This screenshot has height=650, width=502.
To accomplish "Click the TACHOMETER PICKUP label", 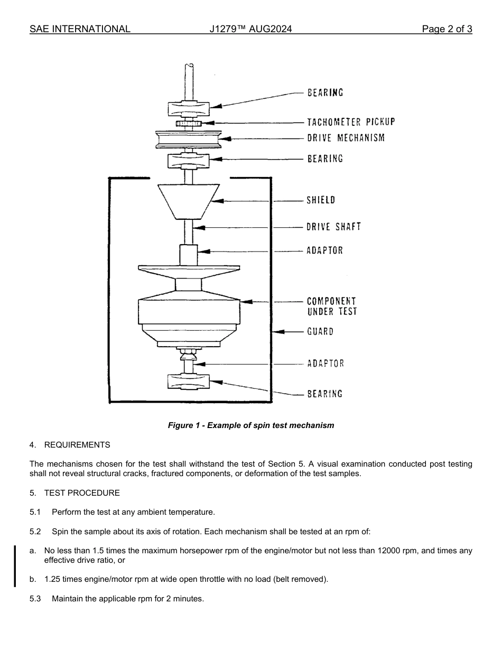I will click(351, 122).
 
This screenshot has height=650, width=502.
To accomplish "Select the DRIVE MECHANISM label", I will click(346, 138).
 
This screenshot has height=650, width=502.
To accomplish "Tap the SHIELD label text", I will click(321, 200).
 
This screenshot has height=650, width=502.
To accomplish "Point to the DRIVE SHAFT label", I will click(333, 227).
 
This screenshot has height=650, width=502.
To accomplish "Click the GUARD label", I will click(320, 332).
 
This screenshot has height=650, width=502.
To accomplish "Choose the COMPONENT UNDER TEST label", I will click(332, 307).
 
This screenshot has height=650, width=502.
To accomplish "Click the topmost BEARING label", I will click(325, 92).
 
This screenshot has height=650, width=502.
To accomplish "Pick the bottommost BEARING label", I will click(324, 394).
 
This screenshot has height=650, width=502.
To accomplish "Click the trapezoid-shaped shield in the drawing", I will click(189, 201).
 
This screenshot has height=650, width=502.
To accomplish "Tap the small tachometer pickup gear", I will click(189, 124).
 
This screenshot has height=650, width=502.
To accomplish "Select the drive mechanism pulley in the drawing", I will click(189, 139).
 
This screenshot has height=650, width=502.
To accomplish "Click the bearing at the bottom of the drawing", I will click(189, 382).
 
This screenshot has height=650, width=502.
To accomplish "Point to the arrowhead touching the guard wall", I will click(278, 332).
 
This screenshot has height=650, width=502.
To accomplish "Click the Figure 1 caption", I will click(251, 425).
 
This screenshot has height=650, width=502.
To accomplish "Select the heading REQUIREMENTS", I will click(77, 445).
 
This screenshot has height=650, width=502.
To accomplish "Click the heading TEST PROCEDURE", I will click(82, 493).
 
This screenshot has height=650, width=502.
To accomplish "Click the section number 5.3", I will click(35, 599).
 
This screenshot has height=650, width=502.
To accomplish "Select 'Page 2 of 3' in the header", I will click(447, 29).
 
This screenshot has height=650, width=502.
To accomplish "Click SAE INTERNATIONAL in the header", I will click(80, 29).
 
